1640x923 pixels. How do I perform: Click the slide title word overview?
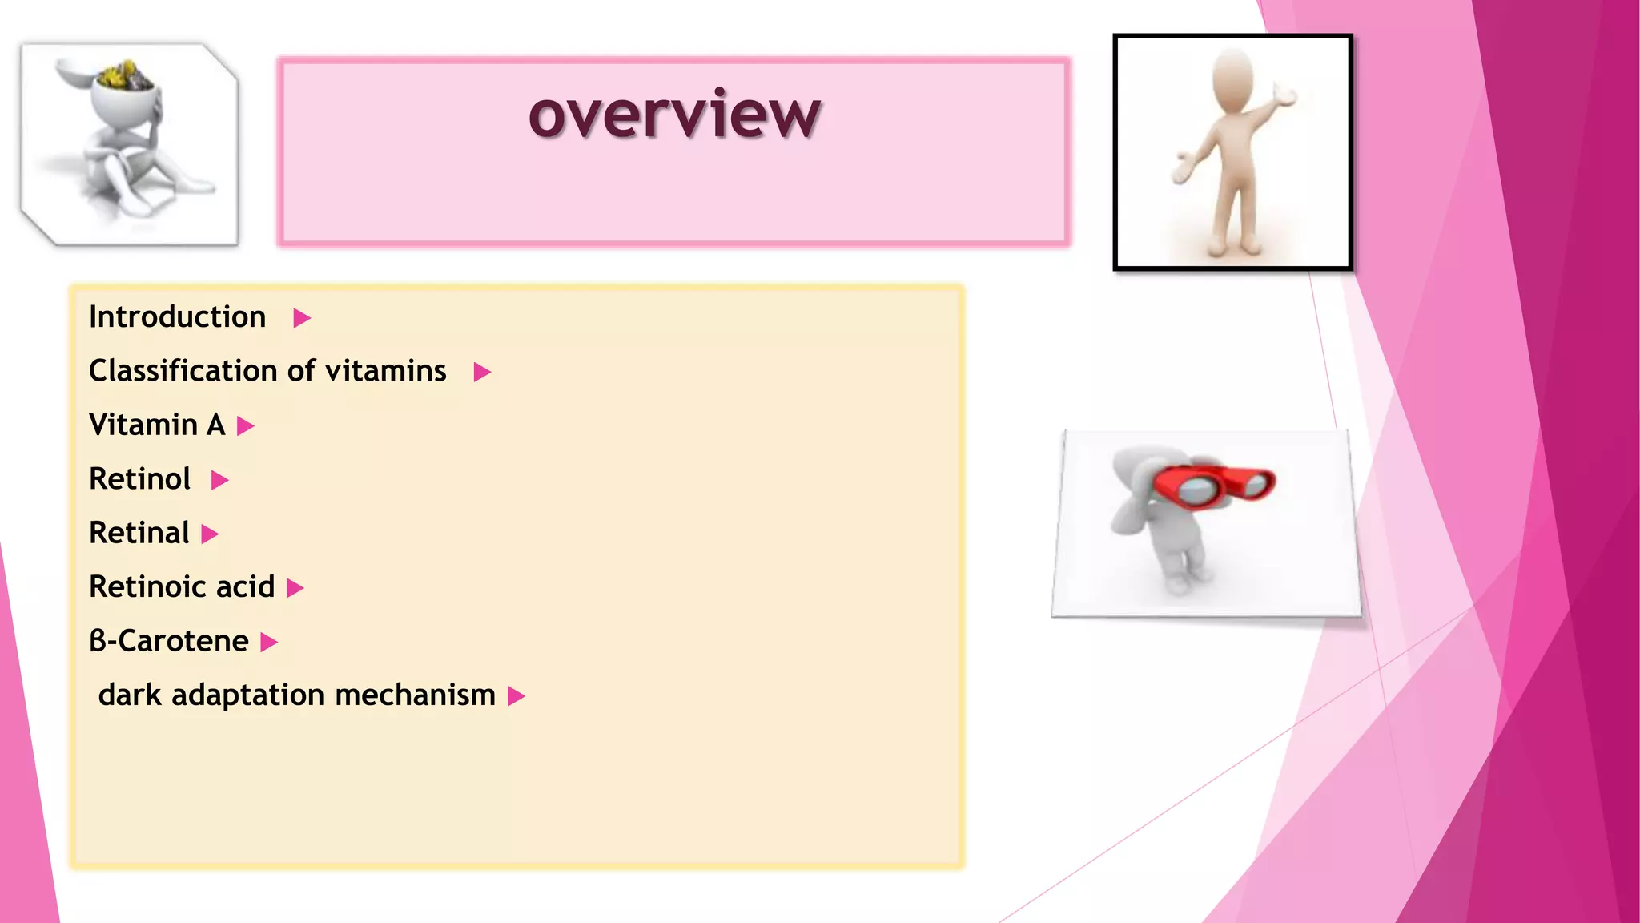(674, 115)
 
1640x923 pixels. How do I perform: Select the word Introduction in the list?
(177, 317)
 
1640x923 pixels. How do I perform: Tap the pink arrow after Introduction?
(301, 319)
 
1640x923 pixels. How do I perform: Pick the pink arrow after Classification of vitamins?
(481, 373)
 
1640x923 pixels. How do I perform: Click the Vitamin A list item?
(157, 425)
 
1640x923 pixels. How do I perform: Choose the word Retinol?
(139, 479)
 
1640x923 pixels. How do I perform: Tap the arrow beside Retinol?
(219, 481)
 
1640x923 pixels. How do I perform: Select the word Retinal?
(139, 533)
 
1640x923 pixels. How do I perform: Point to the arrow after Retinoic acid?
(295, 589)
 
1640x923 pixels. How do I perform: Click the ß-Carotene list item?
(168, 641)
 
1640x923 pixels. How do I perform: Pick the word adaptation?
(247, 695)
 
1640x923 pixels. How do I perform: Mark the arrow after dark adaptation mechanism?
(517, 697)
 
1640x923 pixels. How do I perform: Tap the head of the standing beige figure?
(1232, 79)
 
